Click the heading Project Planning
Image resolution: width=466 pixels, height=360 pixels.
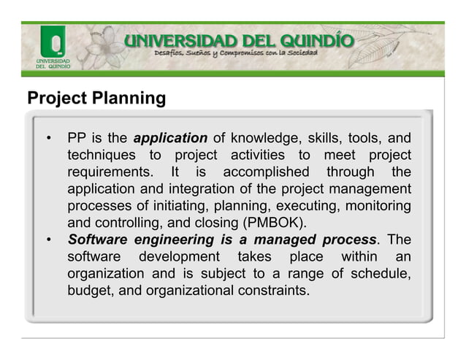point(96,98)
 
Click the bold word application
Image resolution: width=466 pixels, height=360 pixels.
point(170,138)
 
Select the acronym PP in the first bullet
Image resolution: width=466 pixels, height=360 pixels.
point(77,138)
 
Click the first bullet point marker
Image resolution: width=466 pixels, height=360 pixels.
point(48,138)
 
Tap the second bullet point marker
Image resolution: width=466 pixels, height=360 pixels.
point(48,240)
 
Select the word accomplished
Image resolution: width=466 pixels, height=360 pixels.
point(266,172)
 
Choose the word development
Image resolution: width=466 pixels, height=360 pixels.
point(179,257)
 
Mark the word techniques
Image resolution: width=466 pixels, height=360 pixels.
point(101,155)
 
